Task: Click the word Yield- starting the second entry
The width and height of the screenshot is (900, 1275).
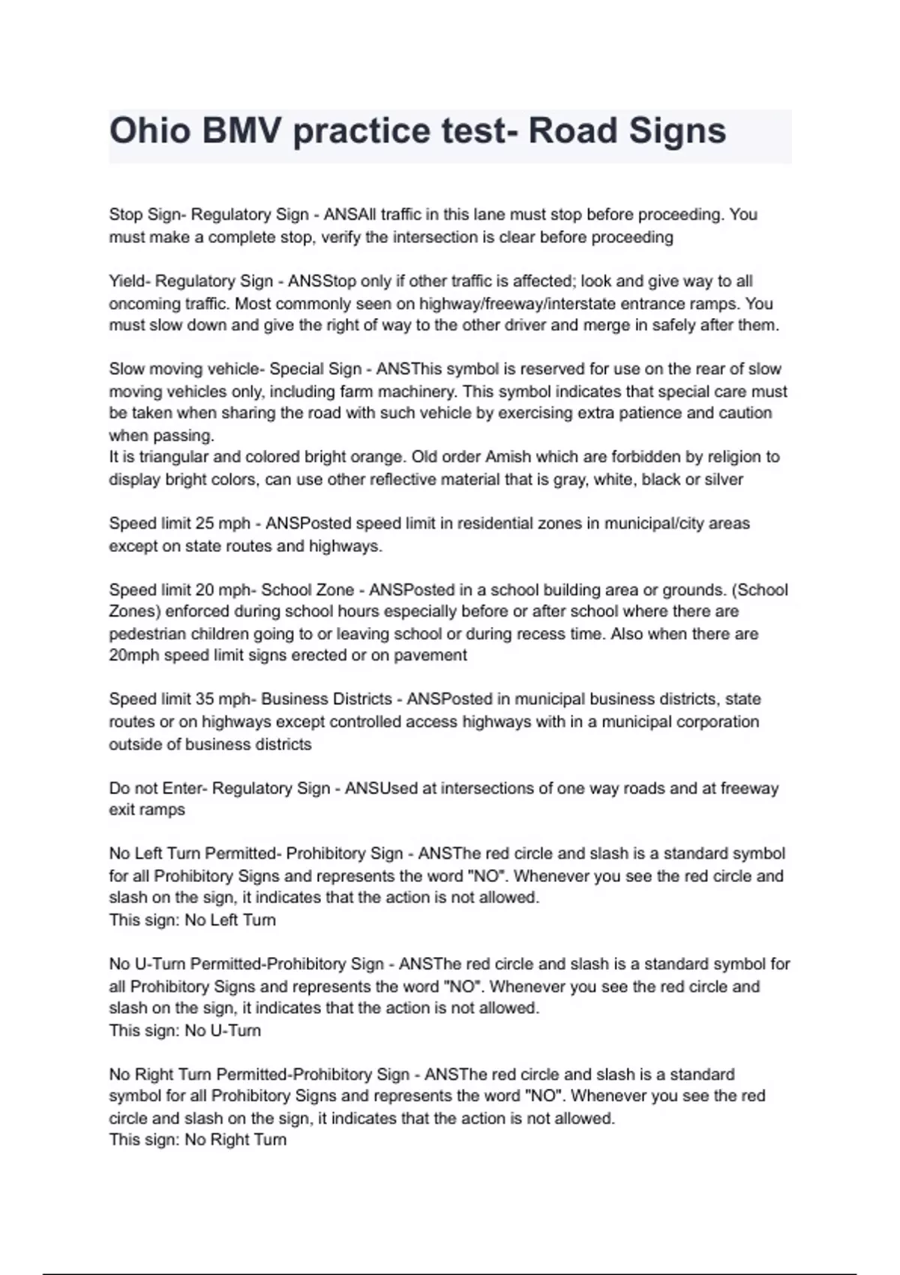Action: [130, 281]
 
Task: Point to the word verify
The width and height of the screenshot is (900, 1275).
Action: [342, 238]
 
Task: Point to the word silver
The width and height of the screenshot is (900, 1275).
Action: [720, 480]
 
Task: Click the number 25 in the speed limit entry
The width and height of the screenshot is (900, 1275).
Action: [205, 523]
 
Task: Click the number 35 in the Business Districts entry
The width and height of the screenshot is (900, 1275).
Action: [205, 699]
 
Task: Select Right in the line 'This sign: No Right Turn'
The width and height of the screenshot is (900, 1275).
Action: [231, 1140]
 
